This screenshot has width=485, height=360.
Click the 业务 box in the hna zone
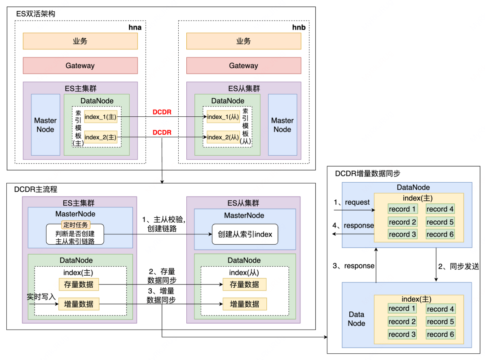pyautogui.click(x=80, y=41)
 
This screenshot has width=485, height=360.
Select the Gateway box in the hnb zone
pyautogui.click(x=243, y=66)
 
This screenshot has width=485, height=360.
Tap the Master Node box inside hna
pyautogui.click(x=45, y=125)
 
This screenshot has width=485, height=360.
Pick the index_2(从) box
pyautogui.click(x=223, y=137)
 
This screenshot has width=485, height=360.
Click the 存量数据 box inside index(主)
pyautogui.click(x=79, y=284)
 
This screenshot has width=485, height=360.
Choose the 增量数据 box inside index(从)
pyautogui.click(x=244, y=304)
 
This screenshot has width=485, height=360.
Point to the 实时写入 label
pyautogui.click(x=41, y=297)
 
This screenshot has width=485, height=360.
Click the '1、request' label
pyautogui.click(x=352, y=202)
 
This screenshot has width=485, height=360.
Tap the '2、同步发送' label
pyautogui.click(x=458, y=266)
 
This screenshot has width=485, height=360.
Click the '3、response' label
pyautogui.click(x=353, y=266)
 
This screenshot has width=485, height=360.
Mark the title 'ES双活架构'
pyautogui.click(x=35, y=14)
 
